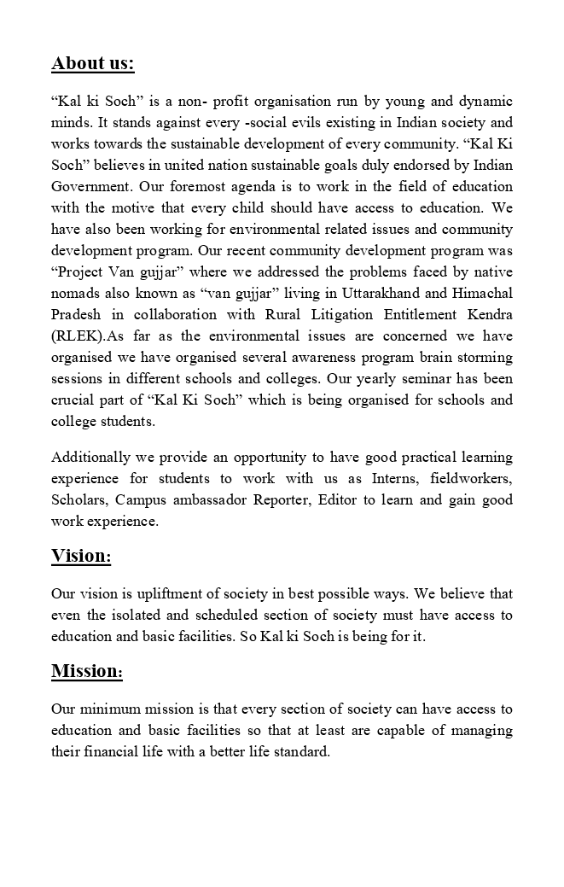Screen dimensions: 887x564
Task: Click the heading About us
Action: tap(93, 64)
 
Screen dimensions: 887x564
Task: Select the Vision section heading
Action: tap(81, 557)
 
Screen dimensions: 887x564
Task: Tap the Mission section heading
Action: tap(87, 672)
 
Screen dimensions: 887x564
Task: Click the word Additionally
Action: tap(91, 458)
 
